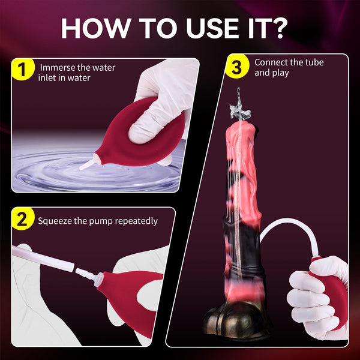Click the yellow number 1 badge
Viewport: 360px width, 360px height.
[23, 70]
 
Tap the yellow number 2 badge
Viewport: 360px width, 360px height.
[23, 220]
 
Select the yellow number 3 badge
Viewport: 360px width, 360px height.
[236, 68]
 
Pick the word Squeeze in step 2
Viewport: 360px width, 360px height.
[55, 221]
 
